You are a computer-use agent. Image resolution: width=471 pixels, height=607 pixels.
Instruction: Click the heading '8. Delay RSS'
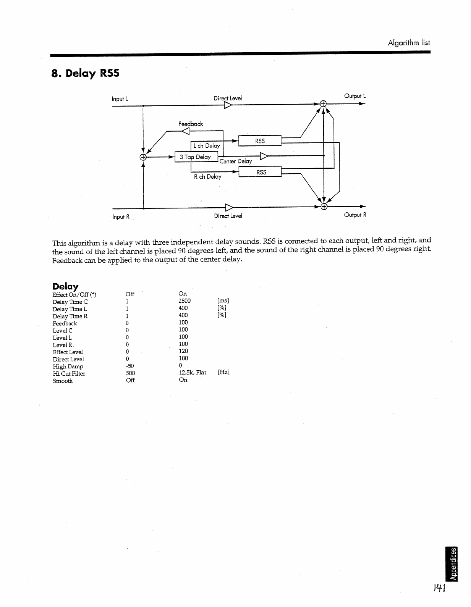[x=85, y=73]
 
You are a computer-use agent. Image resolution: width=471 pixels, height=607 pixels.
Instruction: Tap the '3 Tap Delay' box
[x=196, y=157]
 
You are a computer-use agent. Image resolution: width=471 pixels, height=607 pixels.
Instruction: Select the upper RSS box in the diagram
[x=260, y=141]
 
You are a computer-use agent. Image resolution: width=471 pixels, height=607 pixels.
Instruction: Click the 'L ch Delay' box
[x=206, y=145]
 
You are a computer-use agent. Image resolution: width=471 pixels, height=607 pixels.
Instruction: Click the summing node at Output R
[x=324, y=207]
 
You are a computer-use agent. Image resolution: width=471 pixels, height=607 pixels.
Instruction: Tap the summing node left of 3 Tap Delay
[x=143, y=157]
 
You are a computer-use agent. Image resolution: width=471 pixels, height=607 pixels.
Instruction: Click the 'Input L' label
[x=120, y=99]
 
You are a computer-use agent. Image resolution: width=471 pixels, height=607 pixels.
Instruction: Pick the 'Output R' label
[x=355, y=215]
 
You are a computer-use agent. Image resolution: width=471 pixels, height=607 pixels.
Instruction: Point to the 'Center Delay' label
[x=236, y=161]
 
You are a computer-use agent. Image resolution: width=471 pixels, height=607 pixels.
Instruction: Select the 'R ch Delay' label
[x=207, y=177]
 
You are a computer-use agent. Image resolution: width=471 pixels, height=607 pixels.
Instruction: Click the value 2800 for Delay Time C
[x=185, y=301]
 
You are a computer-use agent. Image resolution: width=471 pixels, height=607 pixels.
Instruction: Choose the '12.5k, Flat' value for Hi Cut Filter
[x=193, y=373]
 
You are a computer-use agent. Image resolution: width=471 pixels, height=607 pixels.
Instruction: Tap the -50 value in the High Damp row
[x=130, y=366]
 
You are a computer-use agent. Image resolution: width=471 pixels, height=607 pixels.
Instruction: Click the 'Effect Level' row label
[x=68, y=352]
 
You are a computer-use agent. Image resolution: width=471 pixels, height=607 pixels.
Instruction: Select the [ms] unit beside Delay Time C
[x=223, y=301]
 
